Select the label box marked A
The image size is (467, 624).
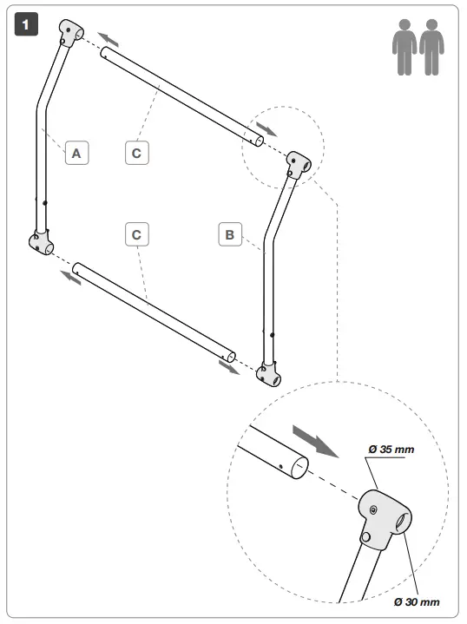(76, 154)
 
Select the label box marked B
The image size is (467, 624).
(229, 234)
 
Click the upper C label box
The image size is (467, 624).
(136, 154)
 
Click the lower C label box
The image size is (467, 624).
(136, 234)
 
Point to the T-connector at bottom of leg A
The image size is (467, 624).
(40, 244)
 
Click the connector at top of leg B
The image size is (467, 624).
(298, 165)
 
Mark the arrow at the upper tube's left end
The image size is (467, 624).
(108, 39)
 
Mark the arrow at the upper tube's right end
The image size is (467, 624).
(268, 128)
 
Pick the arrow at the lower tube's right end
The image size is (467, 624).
(229, 367)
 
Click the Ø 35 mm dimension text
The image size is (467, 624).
(391, 449)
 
